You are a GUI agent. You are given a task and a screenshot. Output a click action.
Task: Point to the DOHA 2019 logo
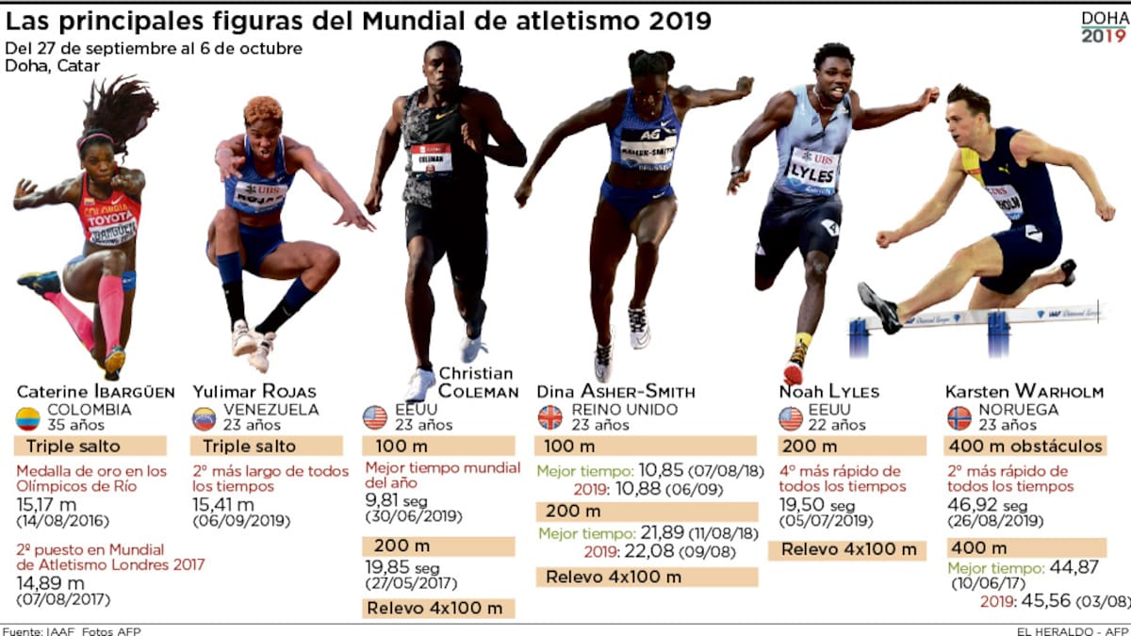click(1103, 27)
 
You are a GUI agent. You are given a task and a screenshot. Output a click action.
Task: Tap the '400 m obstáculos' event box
click(1025, 446)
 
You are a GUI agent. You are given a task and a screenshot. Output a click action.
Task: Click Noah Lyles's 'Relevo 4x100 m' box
click(847, 550)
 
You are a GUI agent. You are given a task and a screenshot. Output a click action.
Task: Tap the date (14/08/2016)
click(63, 521)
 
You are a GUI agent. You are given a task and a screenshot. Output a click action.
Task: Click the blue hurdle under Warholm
click(997, 334)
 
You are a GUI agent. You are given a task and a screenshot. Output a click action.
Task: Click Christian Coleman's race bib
click(431, 158)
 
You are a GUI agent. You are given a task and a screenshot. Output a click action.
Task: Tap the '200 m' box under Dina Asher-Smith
click(646, 512)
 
